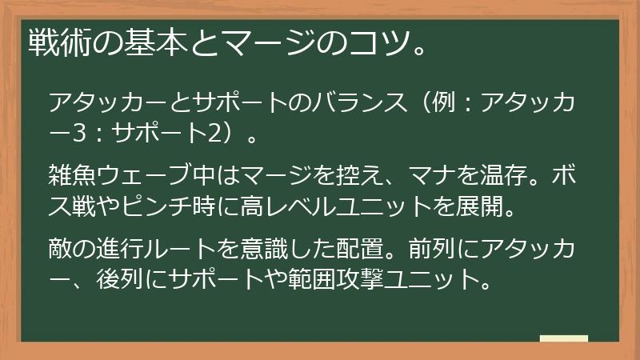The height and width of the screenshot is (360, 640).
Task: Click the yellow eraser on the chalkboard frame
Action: [x=563, y=339]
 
